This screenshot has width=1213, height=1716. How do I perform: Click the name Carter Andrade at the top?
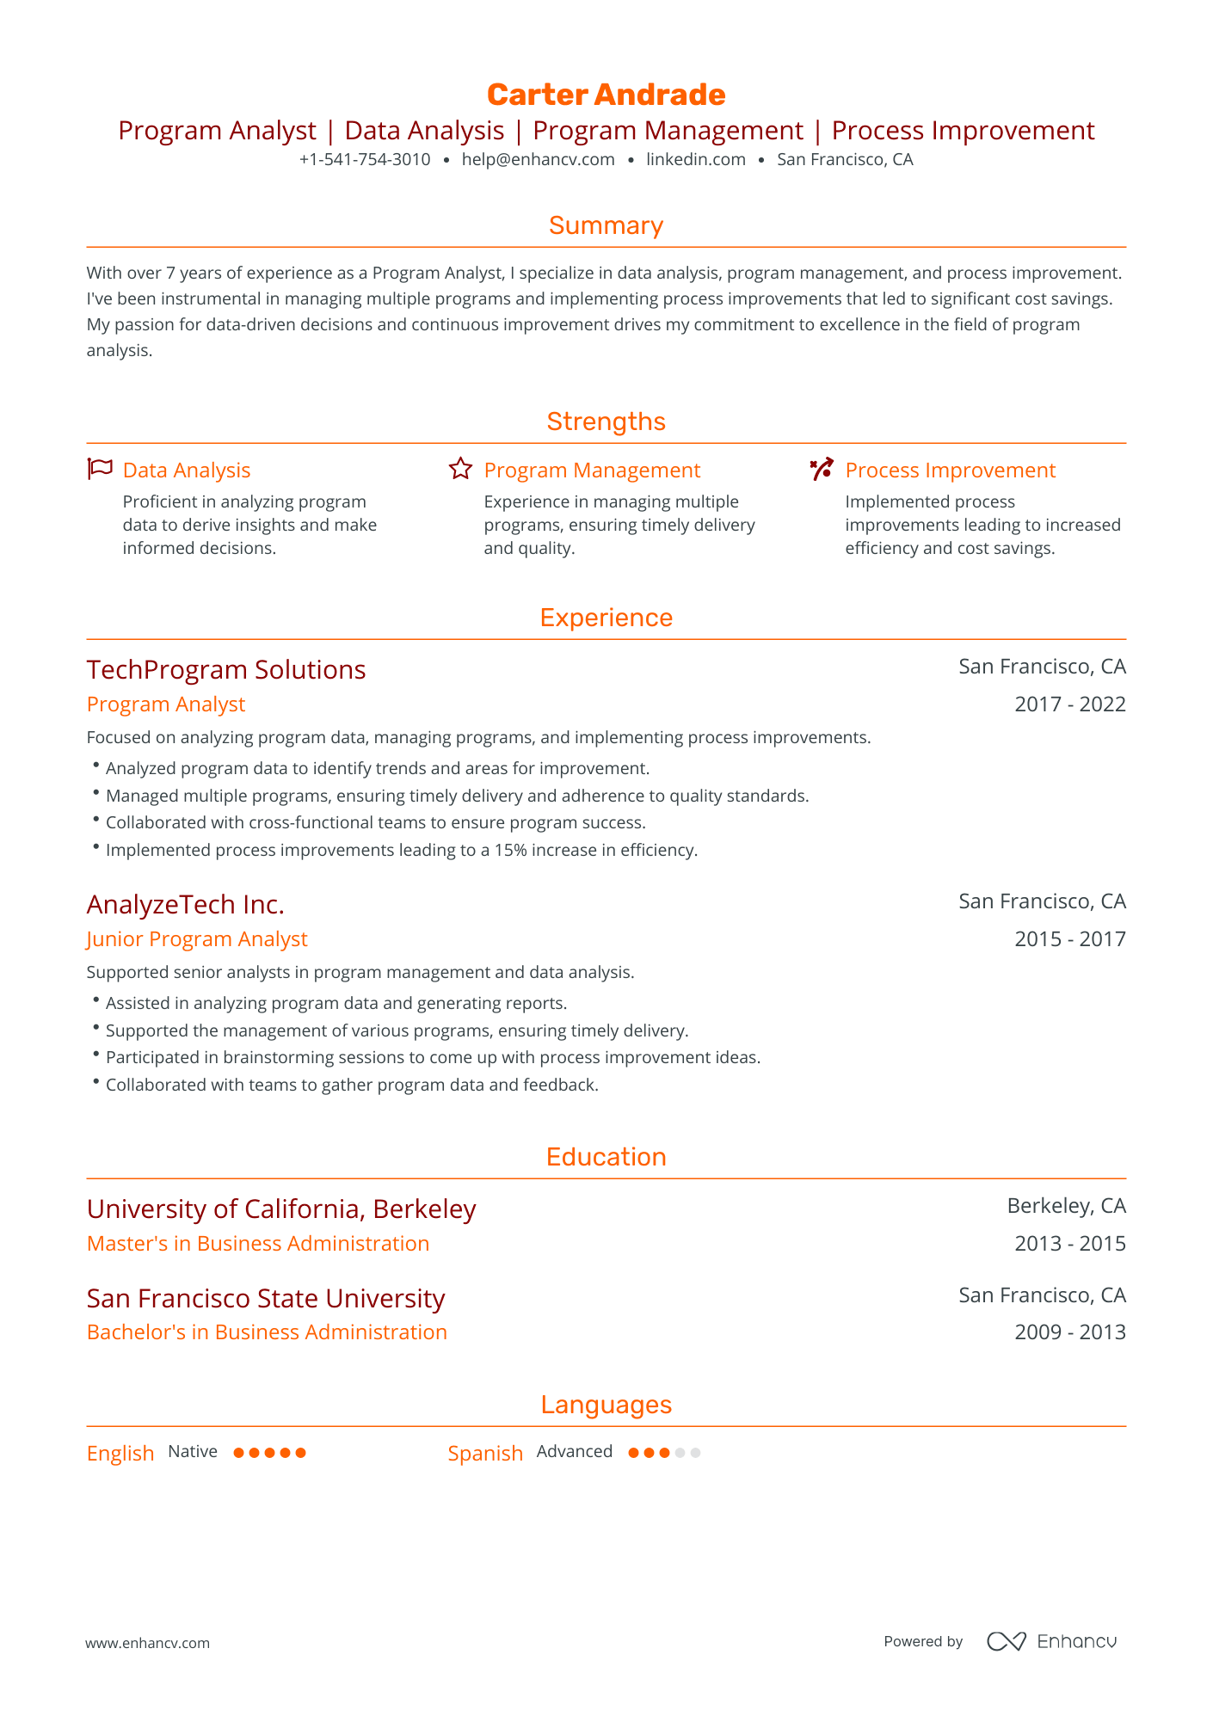pos(606,95)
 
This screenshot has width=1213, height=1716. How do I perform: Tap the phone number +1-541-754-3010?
pos(365,159)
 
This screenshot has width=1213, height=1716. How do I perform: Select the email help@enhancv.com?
pos(538,159)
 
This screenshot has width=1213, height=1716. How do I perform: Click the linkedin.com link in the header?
pos(695,159)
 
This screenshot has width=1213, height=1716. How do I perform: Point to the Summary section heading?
pos(606,225)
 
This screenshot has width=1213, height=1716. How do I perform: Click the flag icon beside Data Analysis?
pos(100,470)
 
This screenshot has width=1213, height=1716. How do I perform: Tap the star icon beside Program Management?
pos(460,470)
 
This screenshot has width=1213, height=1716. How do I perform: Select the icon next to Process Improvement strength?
pos(822,470)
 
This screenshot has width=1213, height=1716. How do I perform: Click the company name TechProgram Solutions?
pos(226,670)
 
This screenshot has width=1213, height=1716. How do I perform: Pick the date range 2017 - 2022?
pos(1069,704)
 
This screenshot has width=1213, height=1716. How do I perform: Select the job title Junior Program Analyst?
pos(197,939)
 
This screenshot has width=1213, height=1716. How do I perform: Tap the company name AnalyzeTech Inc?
pos(185,905)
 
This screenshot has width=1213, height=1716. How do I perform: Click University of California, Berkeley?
pos(281,1209)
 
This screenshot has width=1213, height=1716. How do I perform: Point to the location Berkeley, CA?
pos(1066,1206)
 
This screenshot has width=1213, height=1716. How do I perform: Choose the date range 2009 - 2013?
pos(1069,1332)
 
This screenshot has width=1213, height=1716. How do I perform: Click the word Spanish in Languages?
pos(485,1454)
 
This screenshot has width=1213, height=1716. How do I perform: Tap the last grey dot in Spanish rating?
pos(695,1453)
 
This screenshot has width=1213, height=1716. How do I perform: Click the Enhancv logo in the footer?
pos(1051,1641)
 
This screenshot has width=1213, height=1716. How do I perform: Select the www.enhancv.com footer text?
pos(147,1643)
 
